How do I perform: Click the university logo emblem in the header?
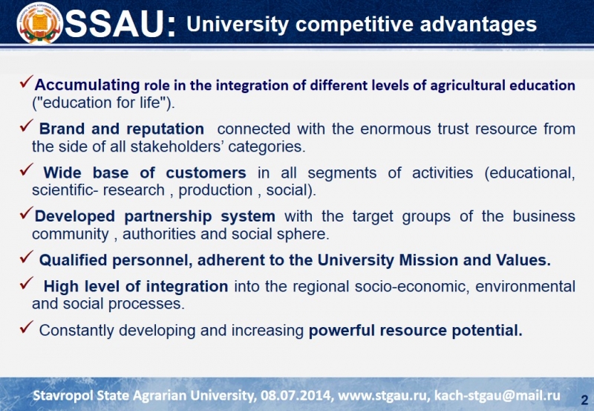[40, 24]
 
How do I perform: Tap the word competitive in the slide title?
[354, 25]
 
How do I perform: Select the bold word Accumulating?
[87, 85]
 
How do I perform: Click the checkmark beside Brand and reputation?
[26, 126]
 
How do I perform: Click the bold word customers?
[206, 173]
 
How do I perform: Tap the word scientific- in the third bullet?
[65, 190]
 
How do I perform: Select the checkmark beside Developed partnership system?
[27, 213]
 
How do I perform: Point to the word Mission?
[429, 260]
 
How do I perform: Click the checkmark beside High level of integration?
[26, 283]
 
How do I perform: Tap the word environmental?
[526, 286]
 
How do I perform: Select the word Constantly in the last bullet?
[76, 331]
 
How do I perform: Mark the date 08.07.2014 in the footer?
[296, 395]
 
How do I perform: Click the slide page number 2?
[584, 400]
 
